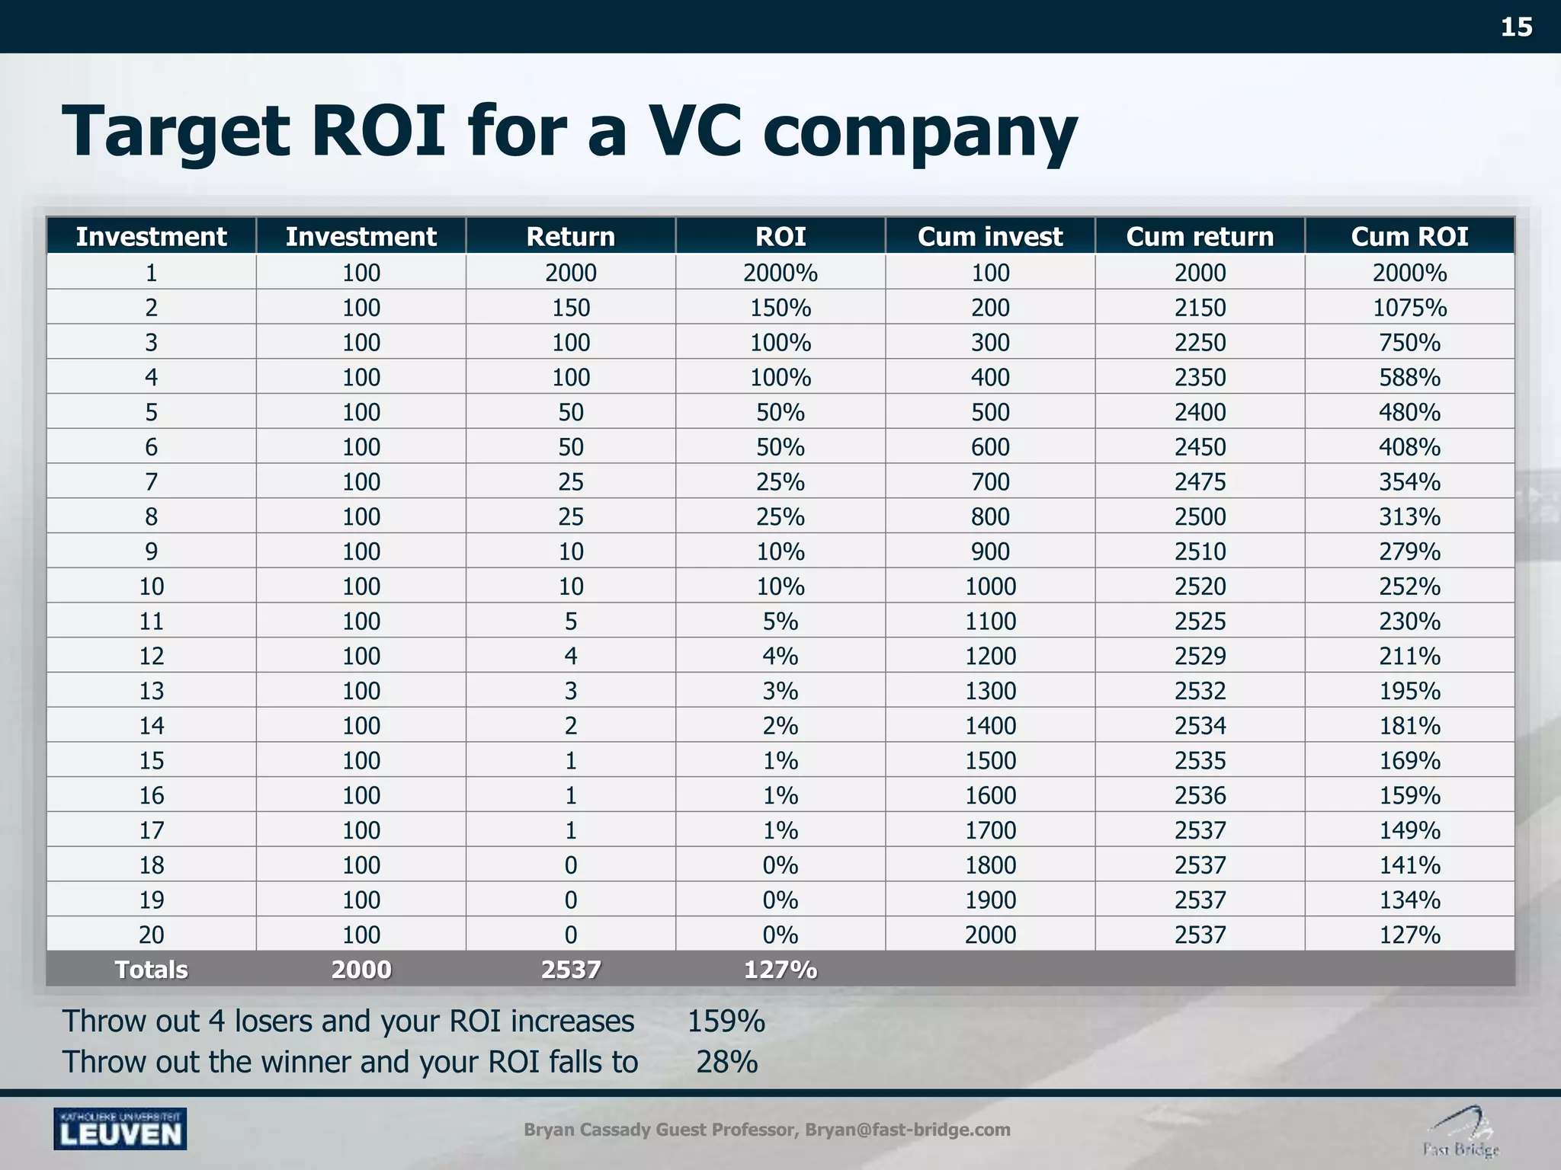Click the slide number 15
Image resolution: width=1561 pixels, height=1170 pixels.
[x=1515, y=27]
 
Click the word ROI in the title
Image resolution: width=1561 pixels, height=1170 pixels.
[x=378, y=131]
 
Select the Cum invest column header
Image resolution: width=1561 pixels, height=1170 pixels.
[x=989, y=236]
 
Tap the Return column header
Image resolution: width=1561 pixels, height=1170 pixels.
[x=570, y=236]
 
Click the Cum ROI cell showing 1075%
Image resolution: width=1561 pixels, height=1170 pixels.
[x=1409, y=308]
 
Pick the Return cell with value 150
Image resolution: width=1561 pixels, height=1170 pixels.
[x=570, y=308]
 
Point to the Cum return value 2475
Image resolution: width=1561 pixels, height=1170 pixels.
[x=1200, y=482]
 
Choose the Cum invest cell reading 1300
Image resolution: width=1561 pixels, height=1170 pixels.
[x=990, y=691]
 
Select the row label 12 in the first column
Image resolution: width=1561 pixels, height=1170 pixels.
[x=151, y=656]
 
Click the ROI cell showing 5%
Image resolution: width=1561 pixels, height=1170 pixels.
[x=780, y=622]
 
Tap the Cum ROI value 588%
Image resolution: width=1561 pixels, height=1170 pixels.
[x=1409, y=378]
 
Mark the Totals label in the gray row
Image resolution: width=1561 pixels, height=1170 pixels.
[x=151, y=970]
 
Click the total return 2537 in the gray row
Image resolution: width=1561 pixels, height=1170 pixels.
[x=570, y=970]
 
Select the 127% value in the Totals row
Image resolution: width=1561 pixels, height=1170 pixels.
[x=780, y=970]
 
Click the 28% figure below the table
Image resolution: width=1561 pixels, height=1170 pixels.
[x=726, y=1062]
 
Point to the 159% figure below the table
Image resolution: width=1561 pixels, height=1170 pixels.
[x=726, y=1021]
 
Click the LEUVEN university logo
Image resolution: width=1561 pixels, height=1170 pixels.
[x=120, y=1129]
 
